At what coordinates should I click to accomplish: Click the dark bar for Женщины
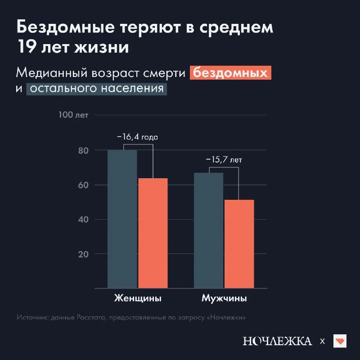122,219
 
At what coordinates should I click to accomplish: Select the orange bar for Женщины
153,233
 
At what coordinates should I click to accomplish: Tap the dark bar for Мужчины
208,230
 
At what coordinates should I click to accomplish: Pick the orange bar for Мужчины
239,243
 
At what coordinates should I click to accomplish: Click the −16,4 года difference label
138,137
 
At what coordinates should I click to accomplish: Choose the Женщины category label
137,299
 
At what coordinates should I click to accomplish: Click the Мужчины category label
224,299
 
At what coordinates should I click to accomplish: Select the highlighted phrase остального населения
96,88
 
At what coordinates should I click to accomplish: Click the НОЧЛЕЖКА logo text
277,341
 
